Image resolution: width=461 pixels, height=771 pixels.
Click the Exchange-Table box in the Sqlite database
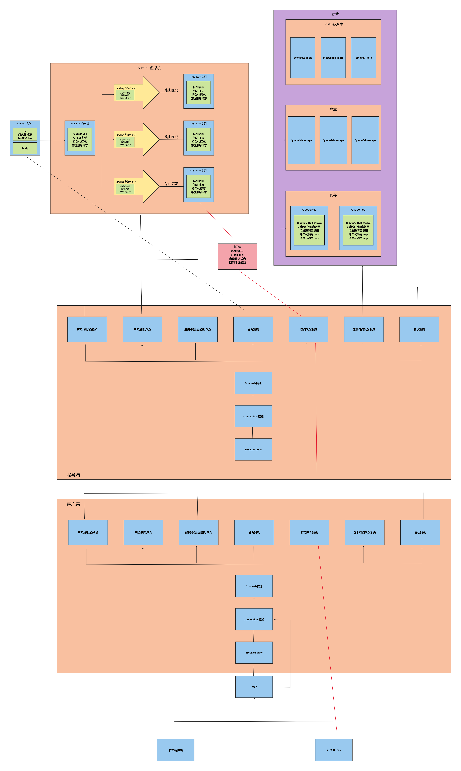pyautogui.click(x=303, y=58)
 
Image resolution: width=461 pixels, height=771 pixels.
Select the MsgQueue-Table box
pyautogui.click(x=333, y=58)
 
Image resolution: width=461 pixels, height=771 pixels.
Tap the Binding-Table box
pyautogui.click(x=363, y=58)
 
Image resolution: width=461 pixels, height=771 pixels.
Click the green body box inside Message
pyautogui.click(x=25, y=148)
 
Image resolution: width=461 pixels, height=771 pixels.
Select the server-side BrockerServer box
pyautogui.click(x=253, y=449)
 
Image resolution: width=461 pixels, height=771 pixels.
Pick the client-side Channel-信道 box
pyautogui.click(x=254, y=586)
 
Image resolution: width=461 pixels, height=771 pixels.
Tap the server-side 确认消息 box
pyautogui.click(x=419, y=329)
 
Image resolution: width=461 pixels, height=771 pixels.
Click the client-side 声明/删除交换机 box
pyautogui.click(x=88, y=532)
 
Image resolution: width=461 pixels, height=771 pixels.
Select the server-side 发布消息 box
pyautogui.click(x=253, y=329)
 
